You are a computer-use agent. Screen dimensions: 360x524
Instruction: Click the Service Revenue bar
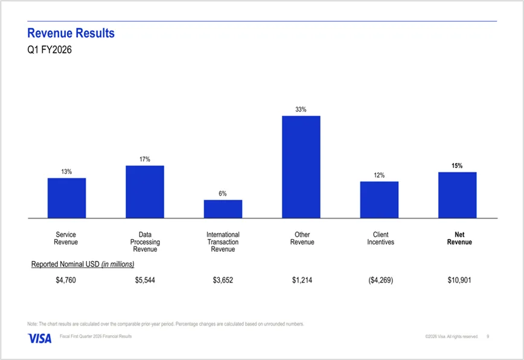pyautogui.click(x=66, y=198)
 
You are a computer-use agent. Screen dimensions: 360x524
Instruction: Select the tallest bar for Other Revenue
pyautogui.click(x=301, y=167)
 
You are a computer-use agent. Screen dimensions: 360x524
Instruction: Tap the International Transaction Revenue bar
pyautogui.click(x=223, y=209)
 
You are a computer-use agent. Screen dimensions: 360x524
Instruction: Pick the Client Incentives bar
pyautogui.click(x=379, y=200)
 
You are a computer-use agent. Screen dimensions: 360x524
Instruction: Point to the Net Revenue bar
pyautogui.click(x=457, y=195)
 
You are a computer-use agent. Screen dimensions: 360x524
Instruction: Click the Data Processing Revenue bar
pyautogui.click(x=145, y=191)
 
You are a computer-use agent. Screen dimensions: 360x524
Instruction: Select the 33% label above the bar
pyautogui.click(x=301, y=110)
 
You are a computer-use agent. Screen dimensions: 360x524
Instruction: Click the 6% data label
pyautogui.click(x=223, y=194)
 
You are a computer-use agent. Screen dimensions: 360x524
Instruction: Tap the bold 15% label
pyautogui.click(x=457, y=166)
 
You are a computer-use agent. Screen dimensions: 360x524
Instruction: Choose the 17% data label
pyautogui.click(x=145, y=159)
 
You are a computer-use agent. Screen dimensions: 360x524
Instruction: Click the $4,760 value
pyautogui.click(x=66, y=280)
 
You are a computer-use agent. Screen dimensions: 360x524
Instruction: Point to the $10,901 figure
pyautogui.click(x=459, y=280)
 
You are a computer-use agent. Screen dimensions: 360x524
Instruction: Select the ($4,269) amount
pyautogui.click(x=380, y=280)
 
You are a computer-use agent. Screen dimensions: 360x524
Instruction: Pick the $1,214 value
pyautogui.click(x=302, y=280)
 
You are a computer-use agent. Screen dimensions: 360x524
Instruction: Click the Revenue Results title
pyautogui.click(x=71, y=33)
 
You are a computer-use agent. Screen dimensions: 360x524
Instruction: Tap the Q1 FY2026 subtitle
pyautogui.click(x=50, y=50)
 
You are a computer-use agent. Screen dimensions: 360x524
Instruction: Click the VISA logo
pyautogui.click(x=39, y=338)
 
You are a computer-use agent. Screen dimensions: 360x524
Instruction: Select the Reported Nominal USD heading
pyautogui.click(x=83, y=264)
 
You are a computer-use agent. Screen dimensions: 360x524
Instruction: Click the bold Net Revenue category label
pyautogui.click(x=459, y=239)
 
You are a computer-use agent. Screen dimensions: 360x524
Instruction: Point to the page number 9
pyautogui.click(x=488, y=336)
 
